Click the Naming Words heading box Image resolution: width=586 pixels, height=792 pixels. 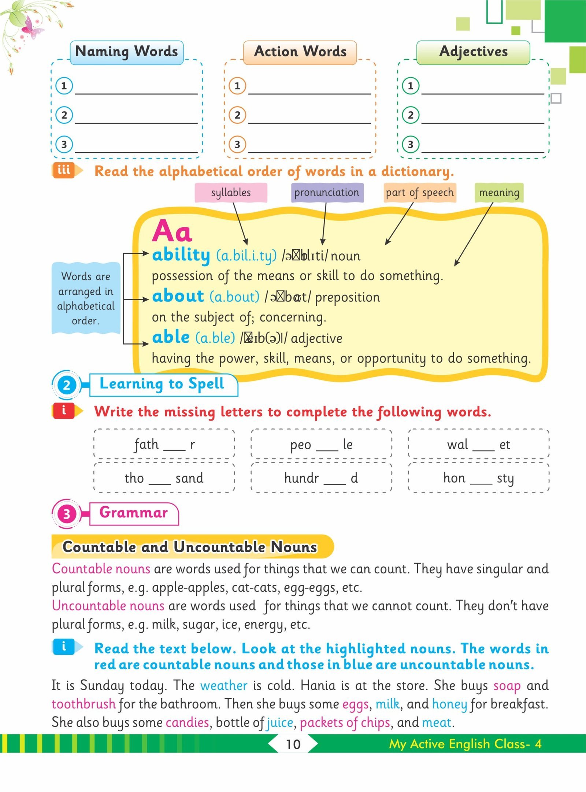pyautogui.click(x=126, y=52)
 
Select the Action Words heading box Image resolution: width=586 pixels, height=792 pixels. pyautogui.click(x=300, y=52)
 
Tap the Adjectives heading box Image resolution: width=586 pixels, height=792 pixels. pyautogui.click(x=473, y=52)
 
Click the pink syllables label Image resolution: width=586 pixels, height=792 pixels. pyautogui.click(x=231, y=193)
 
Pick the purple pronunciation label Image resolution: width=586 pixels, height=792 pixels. pyautogui.click(x=327, y=193)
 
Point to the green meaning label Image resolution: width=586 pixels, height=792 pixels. pyautogui.click(x=499, y=193)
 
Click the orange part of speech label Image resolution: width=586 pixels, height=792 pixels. pyautogui.click(x=419, y=193)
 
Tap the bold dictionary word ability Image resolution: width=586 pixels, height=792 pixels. pyautogui.click(x=181, y=255)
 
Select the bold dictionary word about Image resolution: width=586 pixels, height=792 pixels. pyautogui.click(x=178, y=296)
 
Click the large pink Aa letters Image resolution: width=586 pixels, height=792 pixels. pyautogui.click(x=172, y=231)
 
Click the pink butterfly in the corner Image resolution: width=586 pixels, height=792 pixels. pyautogui.click(x=32, y=28)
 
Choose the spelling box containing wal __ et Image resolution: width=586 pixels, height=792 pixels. pyautogui.click(x=478, y=444)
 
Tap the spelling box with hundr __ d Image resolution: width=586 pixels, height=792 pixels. pyautogui.click(x=321, y=477)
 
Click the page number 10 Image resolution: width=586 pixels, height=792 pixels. pyautogui.click(x=293, y=744)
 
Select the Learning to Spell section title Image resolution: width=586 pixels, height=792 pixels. pyautogui.click(x=162, y=384)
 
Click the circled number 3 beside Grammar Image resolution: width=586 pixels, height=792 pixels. pyautogui.click(x=66, y=514)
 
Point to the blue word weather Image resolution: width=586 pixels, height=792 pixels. pyautogui.click(x=224, y=685)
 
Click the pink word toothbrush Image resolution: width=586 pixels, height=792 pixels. pyautogui.click(x=84, y=704)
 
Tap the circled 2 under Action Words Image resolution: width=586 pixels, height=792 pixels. pyautogui.click(x=237, y=115)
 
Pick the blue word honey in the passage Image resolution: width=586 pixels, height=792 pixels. pyautogui.click(x=449, y=704)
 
